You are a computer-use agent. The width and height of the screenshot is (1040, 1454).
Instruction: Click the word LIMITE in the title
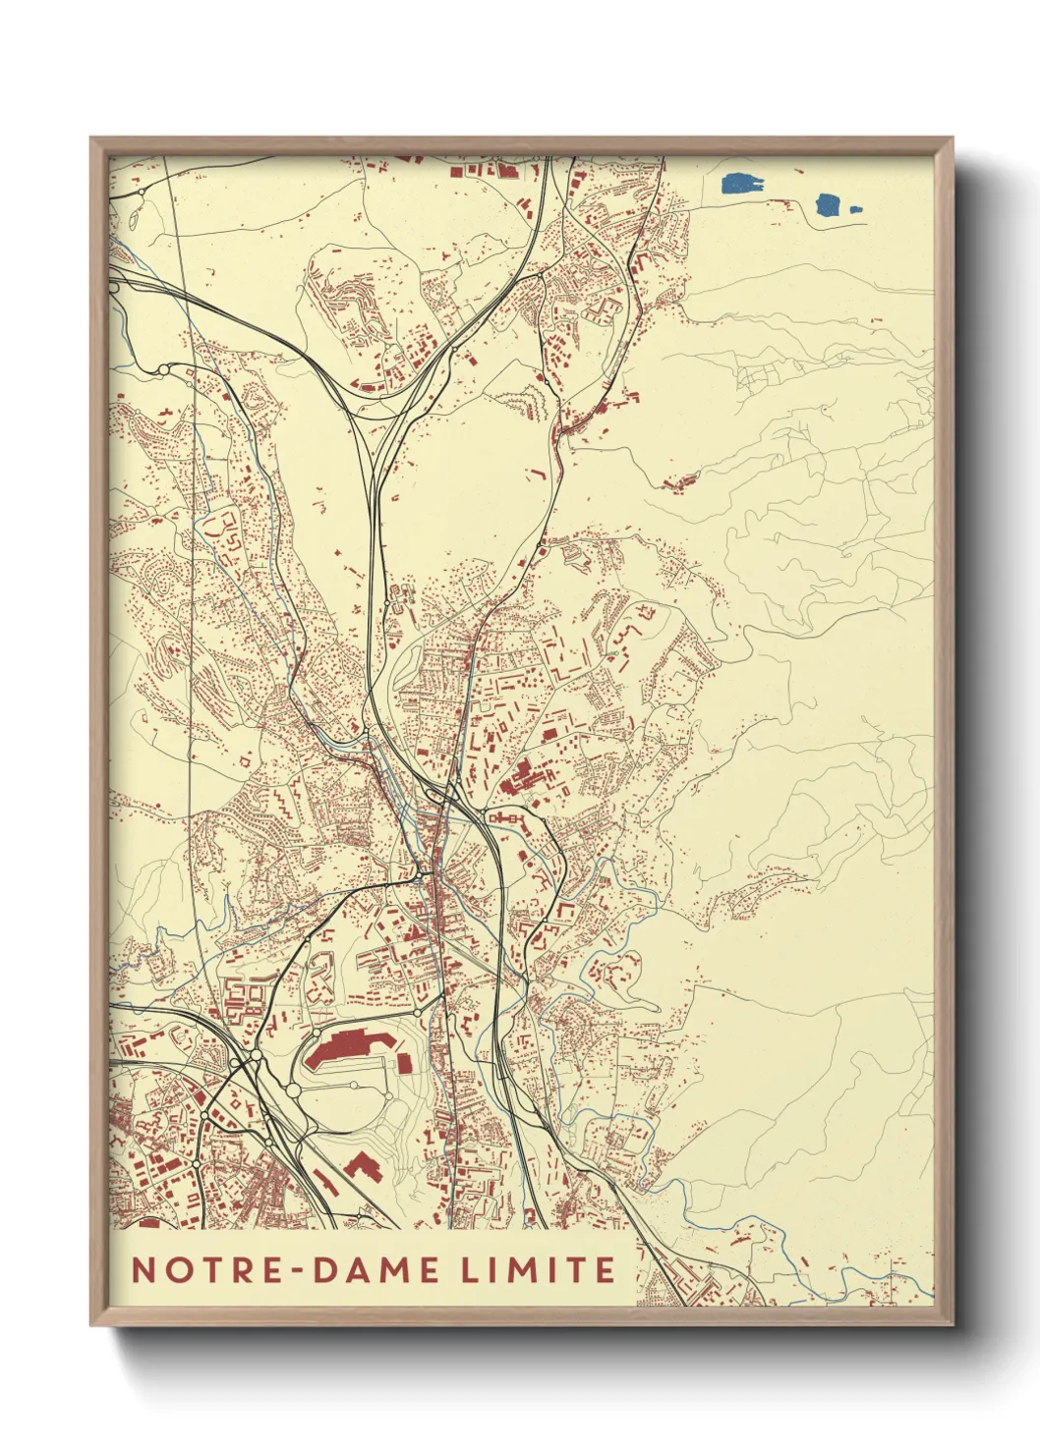pyautogui.click(x=539, y=1269)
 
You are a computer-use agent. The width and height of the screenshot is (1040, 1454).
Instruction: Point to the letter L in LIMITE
pyautogui.click(x=471, y=1269)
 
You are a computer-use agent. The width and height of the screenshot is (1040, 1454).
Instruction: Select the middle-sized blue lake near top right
pyautogui.click(x=828, y=205)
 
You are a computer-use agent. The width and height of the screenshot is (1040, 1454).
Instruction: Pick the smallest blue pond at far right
pyautogui.click(x=854, y=208)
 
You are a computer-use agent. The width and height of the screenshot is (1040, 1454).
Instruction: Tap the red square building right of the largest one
pyautogui.click(x=404, y=1062)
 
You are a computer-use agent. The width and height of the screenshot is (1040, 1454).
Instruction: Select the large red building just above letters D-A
pyautogui.click(x=361, y=1166)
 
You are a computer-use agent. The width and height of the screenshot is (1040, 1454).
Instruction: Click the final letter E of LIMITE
pyautogui.click(x=605, y=1269)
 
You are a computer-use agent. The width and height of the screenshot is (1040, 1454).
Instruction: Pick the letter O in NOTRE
pyautogui.click(x=175, y=1269)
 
